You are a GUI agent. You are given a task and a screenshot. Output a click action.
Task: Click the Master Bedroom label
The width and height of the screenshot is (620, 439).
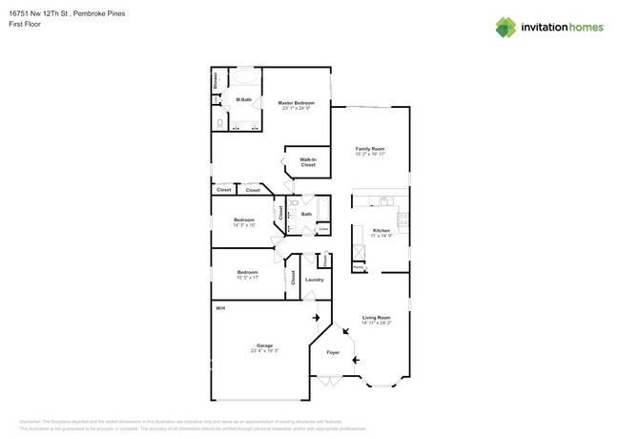297,102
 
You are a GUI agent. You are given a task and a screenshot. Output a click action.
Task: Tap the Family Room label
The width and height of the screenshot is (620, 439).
370,149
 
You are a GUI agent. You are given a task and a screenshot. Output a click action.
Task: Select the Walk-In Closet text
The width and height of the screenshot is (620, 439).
308,162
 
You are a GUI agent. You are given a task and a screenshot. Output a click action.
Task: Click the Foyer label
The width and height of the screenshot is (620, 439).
334,352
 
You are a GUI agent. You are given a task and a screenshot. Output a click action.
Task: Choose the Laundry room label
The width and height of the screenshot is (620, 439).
314,280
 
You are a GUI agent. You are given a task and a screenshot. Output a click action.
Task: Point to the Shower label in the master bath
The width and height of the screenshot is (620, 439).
216,80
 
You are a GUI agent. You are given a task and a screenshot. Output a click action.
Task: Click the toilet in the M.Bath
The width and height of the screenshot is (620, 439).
220,123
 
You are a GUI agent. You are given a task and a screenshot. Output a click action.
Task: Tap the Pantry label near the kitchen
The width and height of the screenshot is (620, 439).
358,268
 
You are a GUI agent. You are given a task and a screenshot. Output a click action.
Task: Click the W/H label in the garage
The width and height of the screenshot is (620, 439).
219,308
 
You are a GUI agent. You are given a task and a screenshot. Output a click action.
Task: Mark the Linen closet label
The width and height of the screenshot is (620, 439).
323,228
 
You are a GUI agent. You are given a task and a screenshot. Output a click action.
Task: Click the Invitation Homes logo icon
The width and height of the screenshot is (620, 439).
505,27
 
